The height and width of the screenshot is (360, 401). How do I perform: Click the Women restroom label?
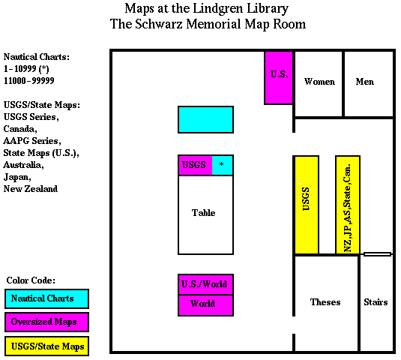point(319,82)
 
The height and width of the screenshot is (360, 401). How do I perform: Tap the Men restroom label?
point(365,82)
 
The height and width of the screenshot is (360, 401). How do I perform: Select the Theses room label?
point(325,302)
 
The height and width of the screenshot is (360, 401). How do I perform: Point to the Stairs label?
point(376,302)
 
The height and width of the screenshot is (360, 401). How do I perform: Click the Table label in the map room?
point(204,213)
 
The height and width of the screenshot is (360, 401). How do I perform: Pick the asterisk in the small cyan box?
point(222,164)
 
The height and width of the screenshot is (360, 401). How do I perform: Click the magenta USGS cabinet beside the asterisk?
point(195,165)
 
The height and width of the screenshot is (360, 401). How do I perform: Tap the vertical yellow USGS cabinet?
point(307,205)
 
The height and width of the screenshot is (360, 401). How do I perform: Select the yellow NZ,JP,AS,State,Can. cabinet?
point(348,205)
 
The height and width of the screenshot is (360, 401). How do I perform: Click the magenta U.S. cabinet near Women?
point(279,78)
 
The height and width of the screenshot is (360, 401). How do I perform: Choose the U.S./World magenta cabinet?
point(205,284)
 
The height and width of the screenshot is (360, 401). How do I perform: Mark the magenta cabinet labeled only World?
point(205,305)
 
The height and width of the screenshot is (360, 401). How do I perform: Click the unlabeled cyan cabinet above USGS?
point(205,120)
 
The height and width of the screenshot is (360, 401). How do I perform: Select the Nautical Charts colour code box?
point(46,298)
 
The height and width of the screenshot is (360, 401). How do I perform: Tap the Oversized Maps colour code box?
point(46,322)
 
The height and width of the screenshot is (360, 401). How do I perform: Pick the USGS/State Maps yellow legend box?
point(46,346)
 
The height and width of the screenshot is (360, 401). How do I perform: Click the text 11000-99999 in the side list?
point(29,80)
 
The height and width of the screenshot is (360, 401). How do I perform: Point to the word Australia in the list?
point(23,165)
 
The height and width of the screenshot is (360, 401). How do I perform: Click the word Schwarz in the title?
point(159,24)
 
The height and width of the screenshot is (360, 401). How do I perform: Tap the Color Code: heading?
point(31,280)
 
